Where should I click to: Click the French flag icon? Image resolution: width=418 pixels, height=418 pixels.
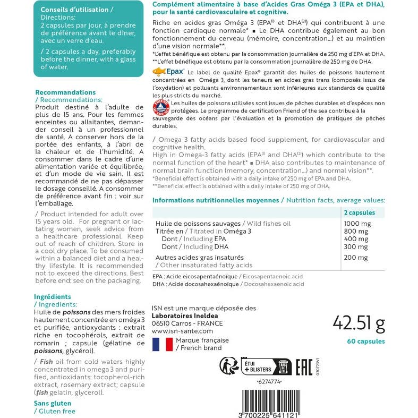pyautogui.click(x=162, y=344)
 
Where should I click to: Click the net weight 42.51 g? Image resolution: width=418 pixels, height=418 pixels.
pyautogui.click(x=359, y=322)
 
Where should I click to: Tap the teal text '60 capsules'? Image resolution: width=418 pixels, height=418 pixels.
pyautogui.click(x=366, y=341)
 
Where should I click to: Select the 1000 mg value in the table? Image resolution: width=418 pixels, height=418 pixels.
pyautogui.click(x=356, y=224)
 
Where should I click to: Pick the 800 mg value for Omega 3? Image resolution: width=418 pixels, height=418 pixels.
pyautogui.click(x=356, y=232)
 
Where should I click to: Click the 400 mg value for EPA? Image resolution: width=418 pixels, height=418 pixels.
pyautogui.click(x=356, y=239)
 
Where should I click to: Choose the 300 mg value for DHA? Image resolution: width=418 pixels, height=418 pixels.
pyautogui.click(x=356, y=247)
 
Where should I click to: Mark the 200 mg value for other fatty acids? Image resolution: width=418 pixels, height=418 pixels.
pyautogui.click(x=356, y=258)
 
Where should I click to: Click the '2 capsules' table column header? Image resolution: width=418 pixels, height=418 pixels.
pyautogui.click(x=360, y=212)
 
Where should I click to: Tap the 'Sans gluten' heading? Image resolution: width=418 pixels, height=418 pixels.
pyautogui.click(x=53, y=403)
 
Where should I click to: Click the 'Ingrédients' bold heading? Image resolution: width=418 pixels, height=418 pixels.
pyautogui.click(x=52, y=297)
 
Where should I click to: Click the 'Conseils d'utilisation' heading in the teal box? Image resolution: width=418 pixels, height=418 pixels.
pyautogui.click(x=77, y=10)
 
